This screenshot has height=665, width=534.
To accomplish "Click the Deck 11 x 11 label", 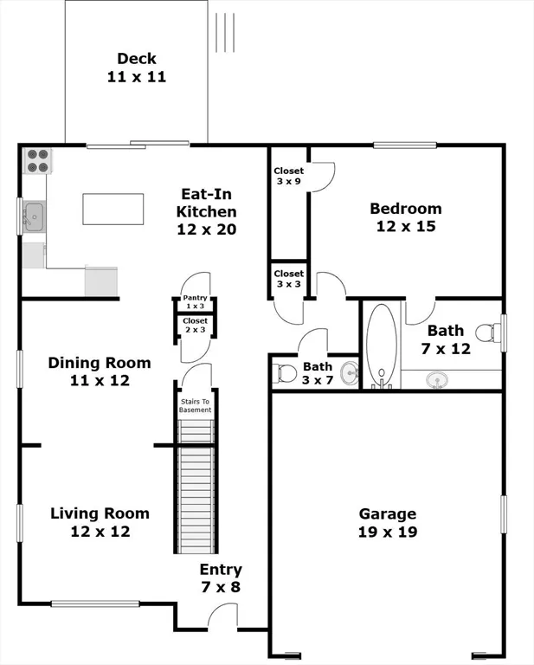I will pyautogui.click(x=137, y=68).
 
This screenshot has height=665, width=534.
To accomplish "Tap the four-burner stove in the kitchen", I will pyautogui.click(x=38, y=162).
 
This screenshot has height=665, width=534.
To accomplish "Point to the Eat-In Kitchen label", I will pyautogui.click(x=207, y=211).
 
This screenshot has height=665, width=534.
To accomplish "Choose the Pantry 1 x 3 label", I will pyautogui.click(x=195, y=302).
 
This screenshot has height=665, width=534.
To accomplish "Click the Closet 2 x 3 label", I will pyautogui.click(x=195, y=325).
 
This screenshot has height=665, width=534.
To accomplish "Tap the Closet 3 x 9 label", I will pyautogui.click(x=288, y=177).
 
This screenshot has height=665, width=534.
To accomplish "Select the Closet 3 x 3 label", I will pyautogui.click(x=288, y=279).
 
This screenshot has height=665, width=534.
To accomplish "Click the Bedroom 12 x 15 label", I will pyautogui.click(x=405, y=217).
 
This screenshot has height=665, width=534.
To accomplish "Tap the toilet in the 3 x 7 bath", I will pyautogui.click(x=285, y=374).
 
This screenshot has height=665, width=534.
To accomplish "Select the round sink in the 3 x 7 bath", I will pyautogui.click(x=348, y=374).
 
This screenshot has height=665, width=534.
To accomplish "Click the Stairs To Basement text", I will pyautogui.click(x=195, y=405).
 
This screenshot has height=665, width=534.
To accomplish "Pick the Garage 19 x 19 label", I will pyautogui.click(x=388, y=522).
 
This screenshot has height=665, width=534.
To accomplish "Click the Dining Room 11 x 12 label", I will pyautogui.click(x=99, y=371).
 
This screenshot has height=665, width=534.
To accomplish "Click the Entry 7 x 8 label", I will pyautogui.click(x=221, y=578).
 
